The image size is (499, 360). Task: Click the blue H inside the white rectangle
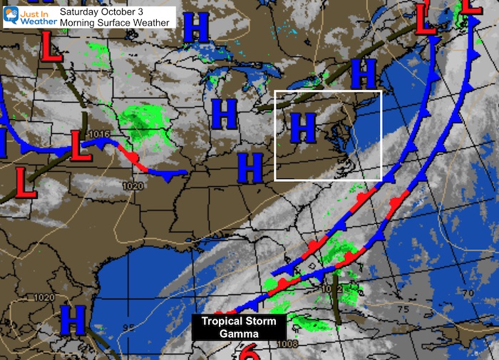pos(303,128)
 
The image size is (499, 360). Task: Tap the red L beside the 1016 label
pos(80,146)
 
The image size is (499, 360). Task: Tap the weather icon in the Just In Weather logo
pos(11,16)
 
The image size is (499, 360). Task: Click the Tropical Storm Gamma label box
pos(240,327)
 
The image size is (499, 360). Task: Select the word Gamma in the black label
pos(240,334)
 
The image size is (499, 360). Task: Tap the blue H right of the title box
pos(197,29)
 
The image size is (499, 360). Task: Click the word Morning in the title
pos(78,23)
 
